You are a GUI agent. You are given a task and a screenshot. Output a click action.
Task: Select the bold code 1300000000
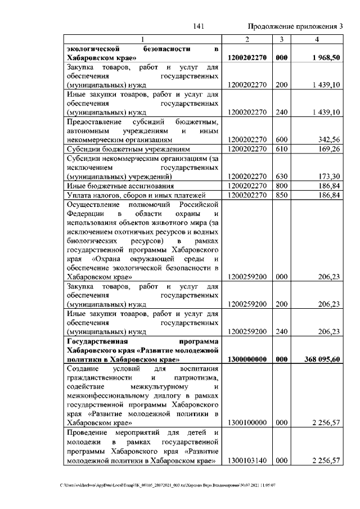coord(247,359)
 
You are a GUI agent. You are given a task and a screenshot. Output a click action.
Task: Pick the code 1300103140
coord(247,461)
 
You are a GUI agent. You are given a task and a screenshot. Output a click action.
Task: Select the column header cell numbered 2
coord(247,39)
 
